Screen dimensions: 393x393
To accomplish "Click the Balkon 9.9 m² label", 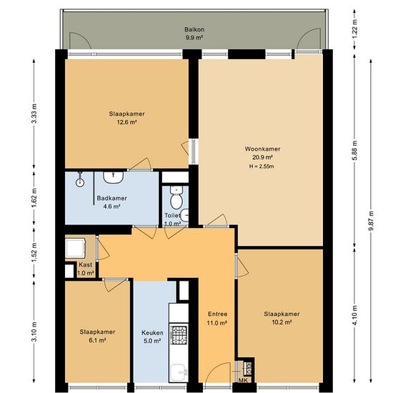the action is (194, 34).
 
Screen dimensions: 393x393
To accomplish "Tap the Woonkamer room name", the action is (262, 149).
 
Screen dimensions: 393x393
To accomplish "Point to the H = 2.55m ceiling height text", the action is (262, 166).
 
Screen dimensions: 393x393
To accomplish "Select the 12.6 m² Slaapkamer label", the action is (126, 118).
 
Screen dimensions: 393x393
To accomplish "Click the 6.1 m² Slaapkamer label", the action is (97, 336).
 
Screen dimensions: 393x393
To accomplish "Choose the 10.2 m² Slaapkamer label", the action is (282, 318).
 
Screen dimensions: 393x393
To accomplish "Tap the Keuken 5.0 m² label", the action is (152, 337).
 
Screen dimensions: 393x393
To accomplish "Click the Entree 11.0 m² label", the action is (217, 318).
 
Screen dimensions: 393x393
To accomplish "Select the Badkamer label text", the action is (111, 198).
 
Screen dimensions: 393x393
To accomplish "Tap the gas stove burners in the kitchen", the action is (179, 335).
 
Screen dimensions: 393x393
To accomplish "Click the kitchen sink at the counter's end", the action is (179, 372).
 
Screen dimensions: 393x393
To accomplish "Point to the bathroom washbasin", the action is (114, 177).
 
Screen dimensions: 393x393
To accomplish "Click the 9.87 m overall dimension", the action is (371, 222).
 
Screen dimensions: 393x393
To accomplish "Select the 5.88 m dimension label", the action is (354, 150).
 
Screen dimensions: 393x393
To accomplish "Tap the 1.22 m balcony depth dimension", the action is (354, 29).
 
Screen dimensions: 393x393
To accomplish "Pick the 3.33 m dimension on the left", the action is (34, 114).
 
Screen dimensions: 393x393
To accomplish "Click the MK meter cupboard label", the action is (243, 380).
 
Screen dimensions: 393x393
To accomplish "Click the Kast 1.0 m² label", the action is (86, 269).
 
